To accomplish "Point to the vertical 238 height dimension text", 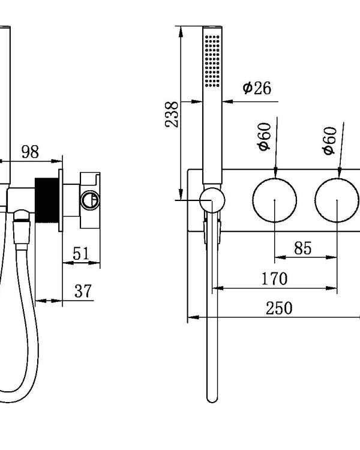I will (172, 113).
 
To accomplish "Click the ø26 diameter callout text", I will (257, 88).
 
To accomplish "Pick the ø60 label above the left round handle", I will (265, 137).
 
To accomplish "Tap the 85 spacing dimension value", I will (303, 248).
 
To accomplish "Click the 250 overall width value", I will (279, 308).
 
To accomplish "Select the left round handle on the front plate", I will (274, 200).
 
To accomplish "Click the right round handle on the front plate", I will (338, 200).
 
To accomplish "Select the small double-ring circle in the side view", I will (91, 200).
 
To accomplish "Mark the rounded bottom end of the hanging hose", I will (211, 397).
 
